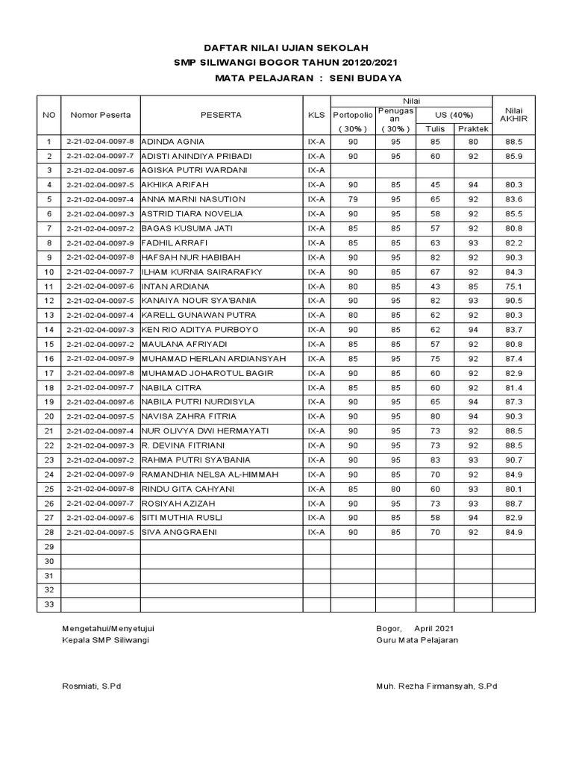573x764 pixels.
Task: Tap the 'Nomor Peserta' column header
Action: point(101,115)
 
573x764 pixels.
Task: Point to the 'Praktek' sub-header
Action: point(472,128)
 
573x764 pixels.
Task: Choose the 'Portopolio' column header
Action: point(353,115)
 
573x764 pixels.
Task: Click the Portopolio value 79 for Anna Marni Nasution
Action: point(353,199)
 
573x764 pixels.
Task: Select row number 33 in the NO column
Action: point(49,605)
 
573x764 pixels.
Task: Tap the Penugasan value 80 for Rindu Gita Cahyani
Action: point(395,489)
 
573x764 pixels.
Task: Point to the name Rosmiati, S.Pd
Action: point(93,686)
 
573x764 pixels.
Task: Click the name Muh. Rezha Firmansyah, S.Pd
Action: point(436,686)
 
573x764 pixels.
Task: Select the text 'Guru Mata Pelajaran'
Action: point(418,640)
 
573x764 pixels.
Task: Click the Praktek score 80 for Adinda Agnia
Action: point(472,141)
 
